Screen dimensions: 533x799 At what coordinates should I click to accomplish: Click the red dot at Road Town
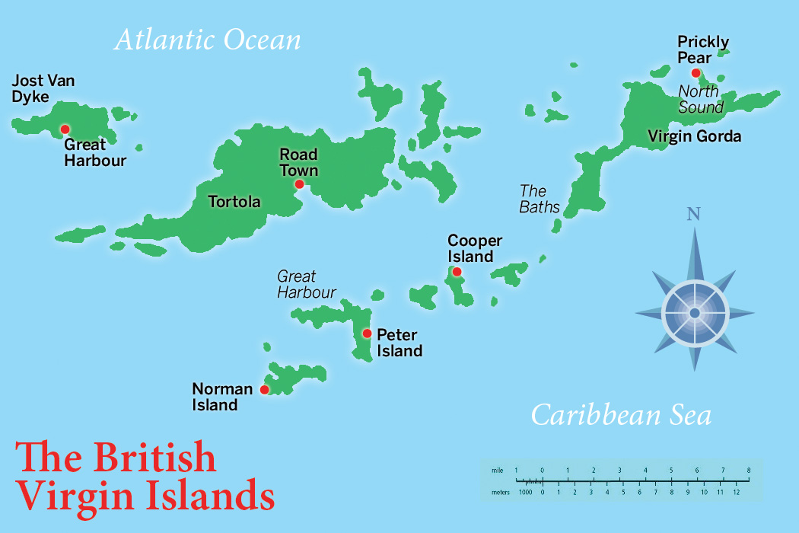click(x=299, y=184)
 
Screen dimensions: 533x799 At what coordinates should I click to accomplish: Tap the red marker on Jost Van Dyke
click(x=65, y=129)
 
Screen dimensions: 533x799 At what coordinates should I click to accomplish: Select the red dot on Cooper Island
click(x=457, y=272)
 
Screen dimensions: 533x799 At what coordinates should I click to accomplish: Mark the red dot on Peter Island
click(x=367, y=333)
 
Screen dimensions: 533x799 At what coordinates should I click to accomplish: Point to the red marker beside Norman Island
click(x=264, y=390)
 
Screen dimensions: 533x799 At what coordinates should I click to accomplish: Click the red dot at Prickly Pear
click(x=696, y=73)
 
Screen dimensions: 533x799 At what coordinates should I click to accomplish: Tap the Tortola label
click(x=234, y=202)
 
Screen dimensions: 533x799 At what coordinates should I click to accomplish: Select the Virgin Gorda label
click(x=694, y=136)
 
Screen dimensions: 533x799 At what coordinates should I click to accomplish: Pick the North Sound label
click(x=700, y=99)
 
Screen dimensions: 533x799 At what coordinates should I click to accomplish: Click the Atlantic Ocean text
click(x=207, y=40)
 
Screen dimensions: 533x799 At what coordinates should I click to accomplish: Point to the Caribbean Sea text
click(x=621, y=415)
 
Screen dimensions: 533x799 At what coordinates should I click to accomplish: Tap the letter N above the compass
click(x=692, y=214)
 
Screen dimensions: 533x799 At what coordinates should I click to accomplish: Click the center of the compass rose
click(x=694, y=312)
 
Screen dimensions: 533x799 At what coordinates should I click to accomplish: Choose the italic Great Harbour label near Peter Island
click(x=306, y=284)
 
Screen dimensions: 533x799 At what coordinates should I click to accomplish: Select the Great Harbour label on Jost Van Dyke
click(x=94, y=152)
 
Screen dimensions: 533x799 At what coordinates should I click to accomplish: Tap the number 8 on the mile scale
click(x=749, y=470)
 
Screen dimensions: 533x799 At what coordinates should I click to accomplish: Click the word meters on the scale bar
click(x=500, y=493)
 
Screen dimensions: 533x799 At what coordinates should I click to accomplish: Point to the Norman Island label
click(x=221, y=397)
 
